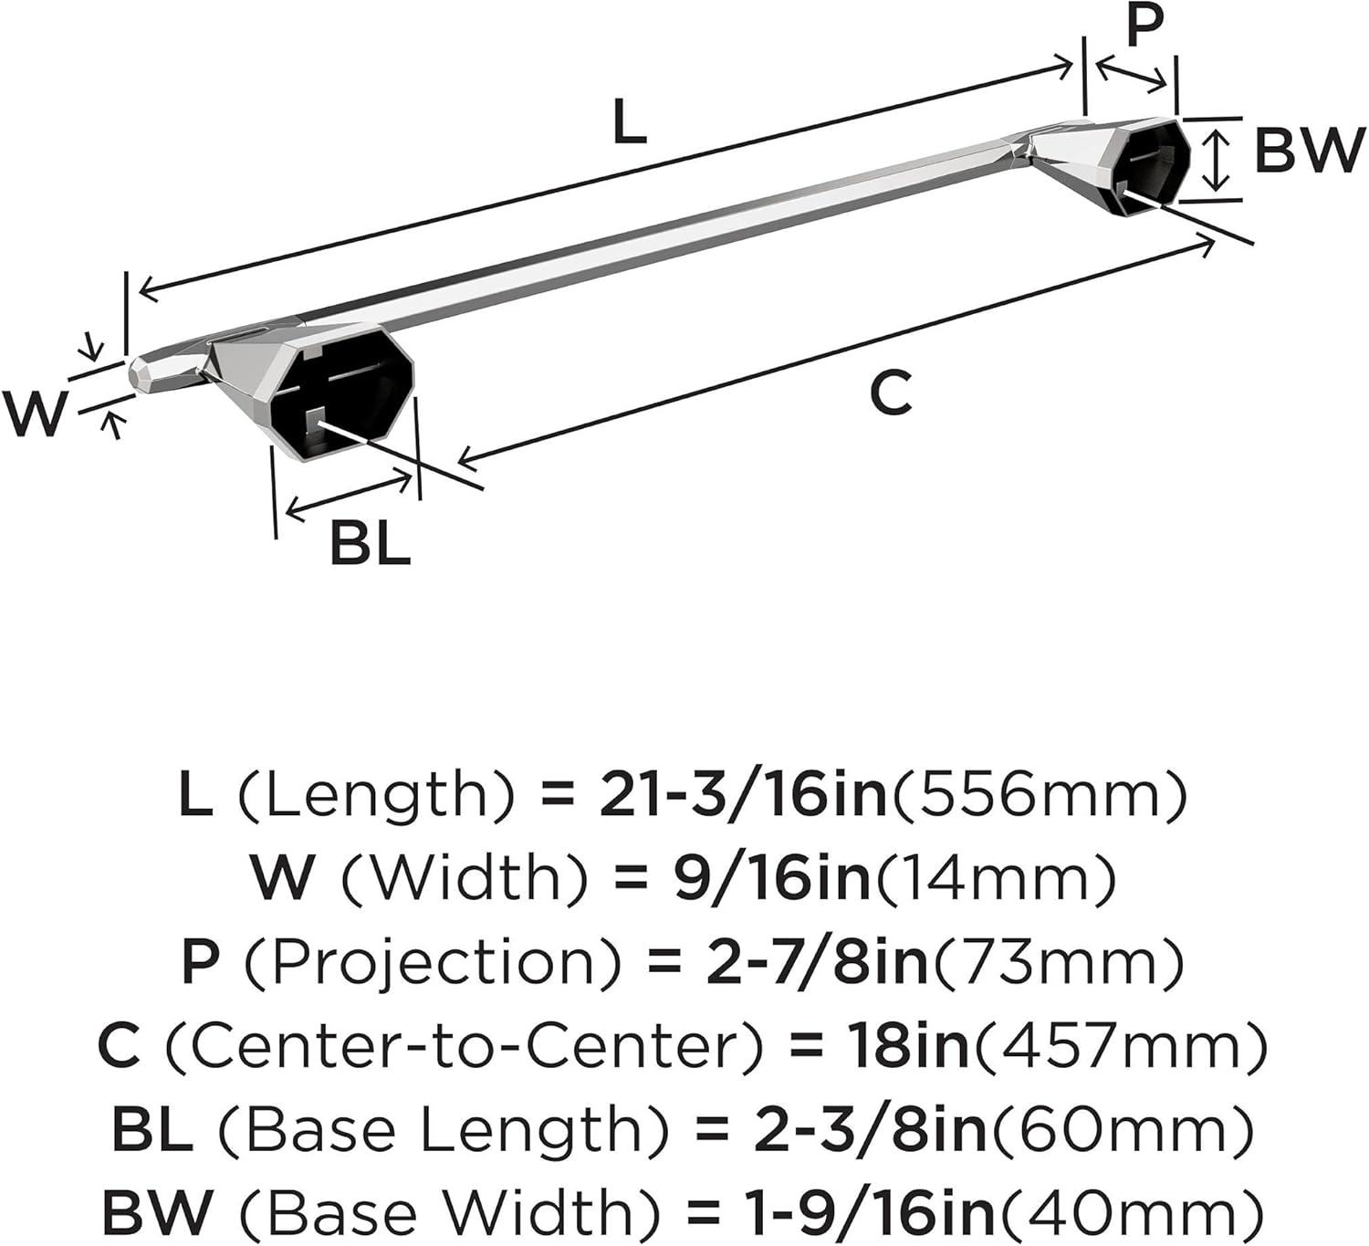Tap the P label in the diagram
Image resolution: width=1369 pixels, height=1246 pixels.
coord(1144,25)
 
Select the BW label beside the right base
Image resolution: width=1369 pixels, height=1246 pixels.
coord(1309,151)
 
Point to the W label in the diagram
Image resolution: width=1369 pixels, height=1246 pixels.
coord(33,414)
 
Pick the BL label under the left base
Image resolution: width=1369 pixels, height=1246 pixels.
coord(371,543)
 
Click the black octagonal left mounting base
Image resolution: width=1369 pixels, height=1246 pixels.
coord(341,394)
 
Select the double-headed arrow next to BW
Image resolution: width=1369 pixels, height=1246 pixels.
coord(1216,162)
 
